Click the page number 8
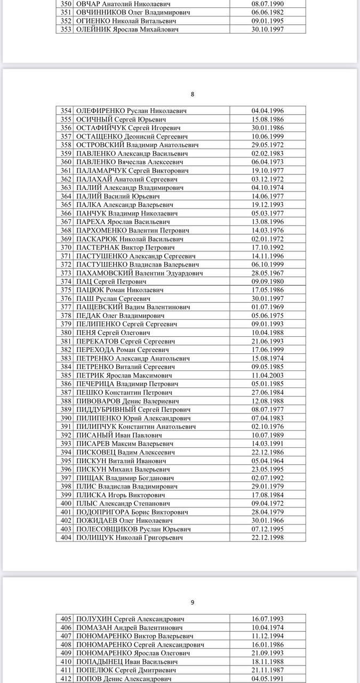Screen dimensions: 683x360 (193, 94)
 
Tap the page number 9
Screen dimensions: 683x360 (193, 602)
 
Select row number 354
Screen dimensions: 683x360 (66, 111)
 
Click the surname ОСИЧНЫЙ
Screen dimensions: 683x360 (94, 120)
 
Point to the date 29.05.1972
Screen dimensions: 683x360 (268, 145)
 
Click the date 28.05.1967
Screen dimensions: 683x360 (268, 273)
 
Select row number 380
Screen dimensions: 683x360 (66, 333)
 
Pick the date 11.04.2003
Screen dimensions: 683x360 (268, 376)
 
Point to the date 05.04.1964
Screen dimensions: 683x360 (268, 461)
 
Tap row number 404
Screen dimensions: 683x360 (66, 538)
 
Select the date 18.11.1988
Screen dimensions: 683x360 (268, 662)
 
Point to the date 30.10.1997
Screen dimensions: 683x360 (268, 29)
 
